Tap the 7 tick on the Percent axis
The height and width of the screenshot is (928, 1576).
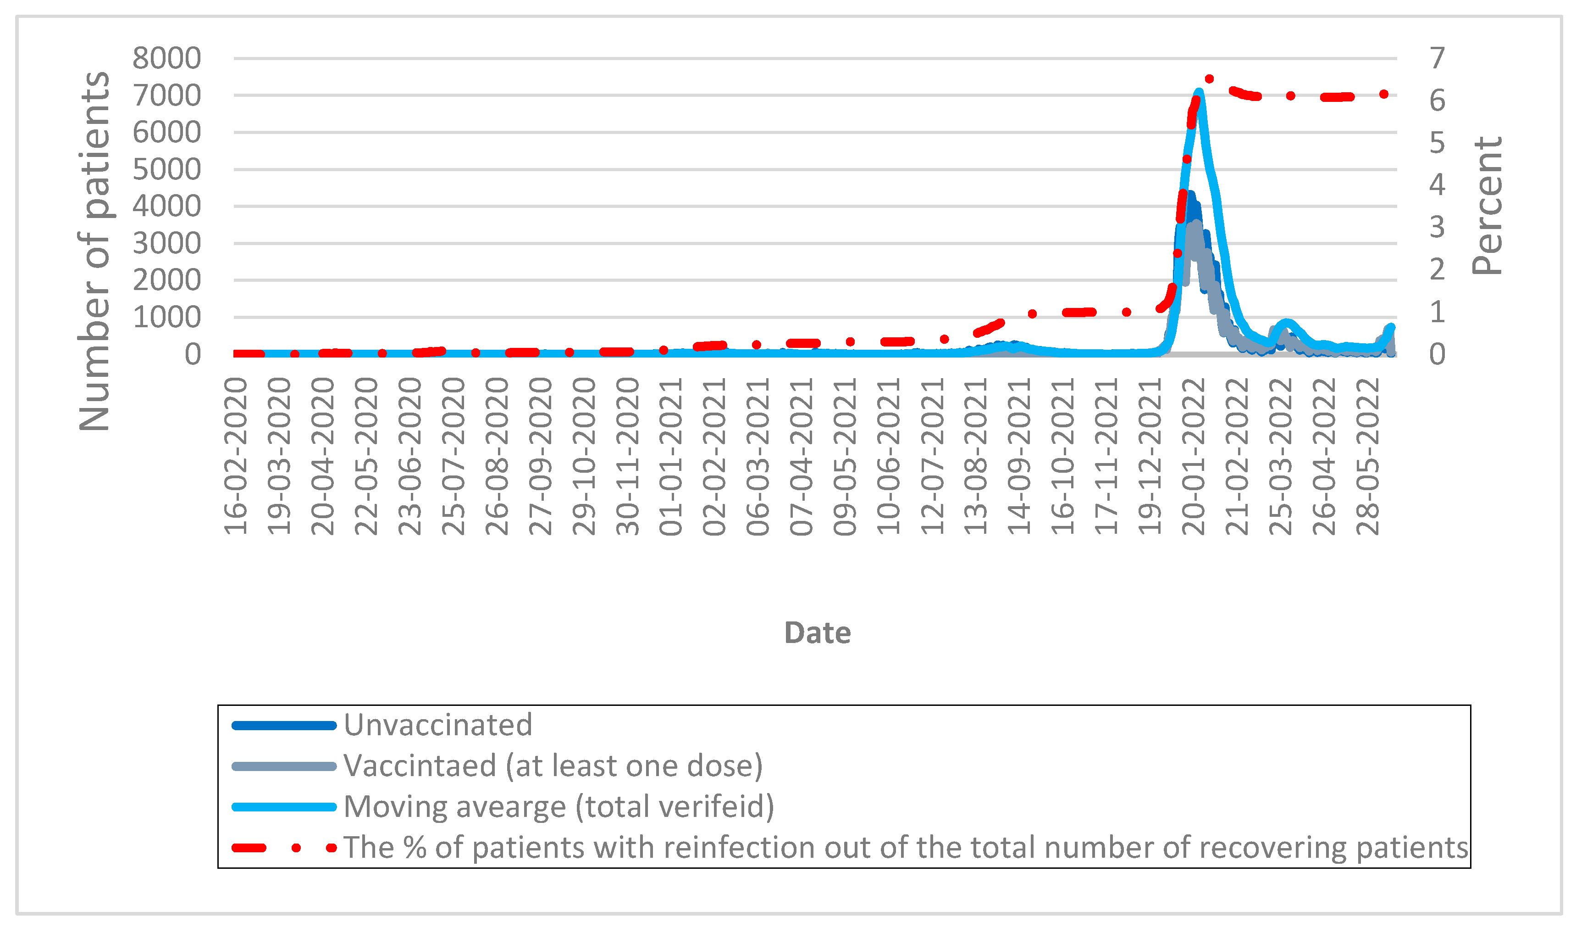1437,58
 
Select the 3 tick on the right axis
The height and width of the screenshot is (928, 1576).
1437,227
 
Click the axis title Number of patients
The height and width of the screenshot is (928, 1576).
94,250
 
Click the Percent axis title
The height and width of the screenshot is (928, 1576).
1487,205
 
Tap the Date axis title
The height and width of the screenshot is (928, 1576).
818,632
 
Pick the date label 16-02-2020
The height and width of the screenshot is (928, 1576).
236,456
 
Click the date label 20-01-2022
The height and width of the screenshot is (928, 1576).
1194,456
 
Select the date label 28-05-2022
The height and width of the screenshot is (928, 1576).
1368,456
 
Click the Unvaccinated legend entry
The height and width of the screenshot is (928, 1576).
438,725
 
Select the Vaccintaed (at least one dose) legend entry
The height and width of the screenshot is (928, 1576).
553,766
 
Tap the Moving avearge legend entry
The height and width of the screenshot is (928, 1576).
559,806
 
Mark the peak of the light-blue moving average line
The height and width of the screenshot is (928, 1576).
1199,93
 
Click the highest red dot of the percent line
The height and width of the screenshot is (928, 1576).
1209,79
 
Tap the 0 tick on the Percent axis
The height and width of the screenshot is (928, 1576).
1437,354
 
